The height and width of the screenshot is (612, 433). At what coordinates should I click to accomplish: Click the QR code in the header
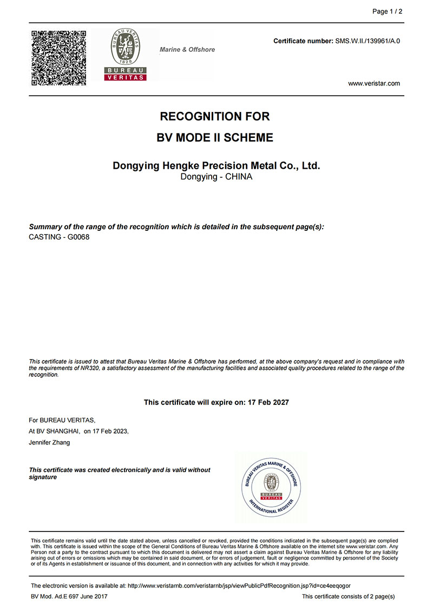(x=59, y=58)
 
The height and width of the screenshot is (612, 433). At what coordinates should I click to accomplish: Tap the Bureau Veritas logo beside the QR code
(x=126, y=55)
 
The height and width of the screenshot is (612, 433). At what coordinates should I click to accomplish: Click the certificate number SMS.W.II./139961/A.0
(x=368, y=41)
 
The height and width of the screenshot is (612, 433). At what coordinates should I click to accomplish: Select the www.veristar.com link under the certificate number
(x=374, y=83)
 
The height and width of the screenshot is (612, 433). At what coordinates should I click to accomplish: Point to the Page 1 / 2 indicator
(x=388, y=11)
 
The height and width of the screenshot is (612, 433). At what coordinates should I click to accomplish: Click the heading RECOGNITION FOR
(x=215, y=116)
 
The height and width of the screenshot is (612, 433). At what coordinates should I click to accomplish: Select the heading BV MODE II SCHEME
(x=215, y=137)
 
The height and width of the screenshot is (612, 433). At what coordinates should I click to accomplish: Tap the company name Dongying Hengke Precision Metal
(x=216, y=165)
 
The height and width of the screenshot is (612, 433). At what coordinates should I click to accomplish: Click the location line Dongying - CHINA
(x=216, y=177)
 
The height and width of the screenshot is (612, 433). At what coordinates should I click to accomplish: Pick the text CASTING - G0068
(x=59, y=237)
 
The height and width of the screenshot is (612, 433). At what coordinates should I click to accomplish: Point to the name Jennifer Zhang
(x=49, y=442)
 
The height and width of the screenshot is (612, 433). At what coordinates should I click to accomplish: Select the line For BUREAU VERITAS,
(x=62, y=420)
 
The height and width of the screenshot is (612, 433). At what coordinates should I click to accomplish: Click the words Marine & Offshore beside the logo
(x=187, y=50)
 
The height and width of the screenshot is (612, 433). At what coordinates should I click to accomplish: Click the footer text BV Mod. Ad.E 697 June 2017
(x=69, y=596)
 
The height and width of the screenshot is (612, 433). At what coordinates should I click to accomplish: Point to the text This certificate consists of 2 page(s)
(x=348, y=596)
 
